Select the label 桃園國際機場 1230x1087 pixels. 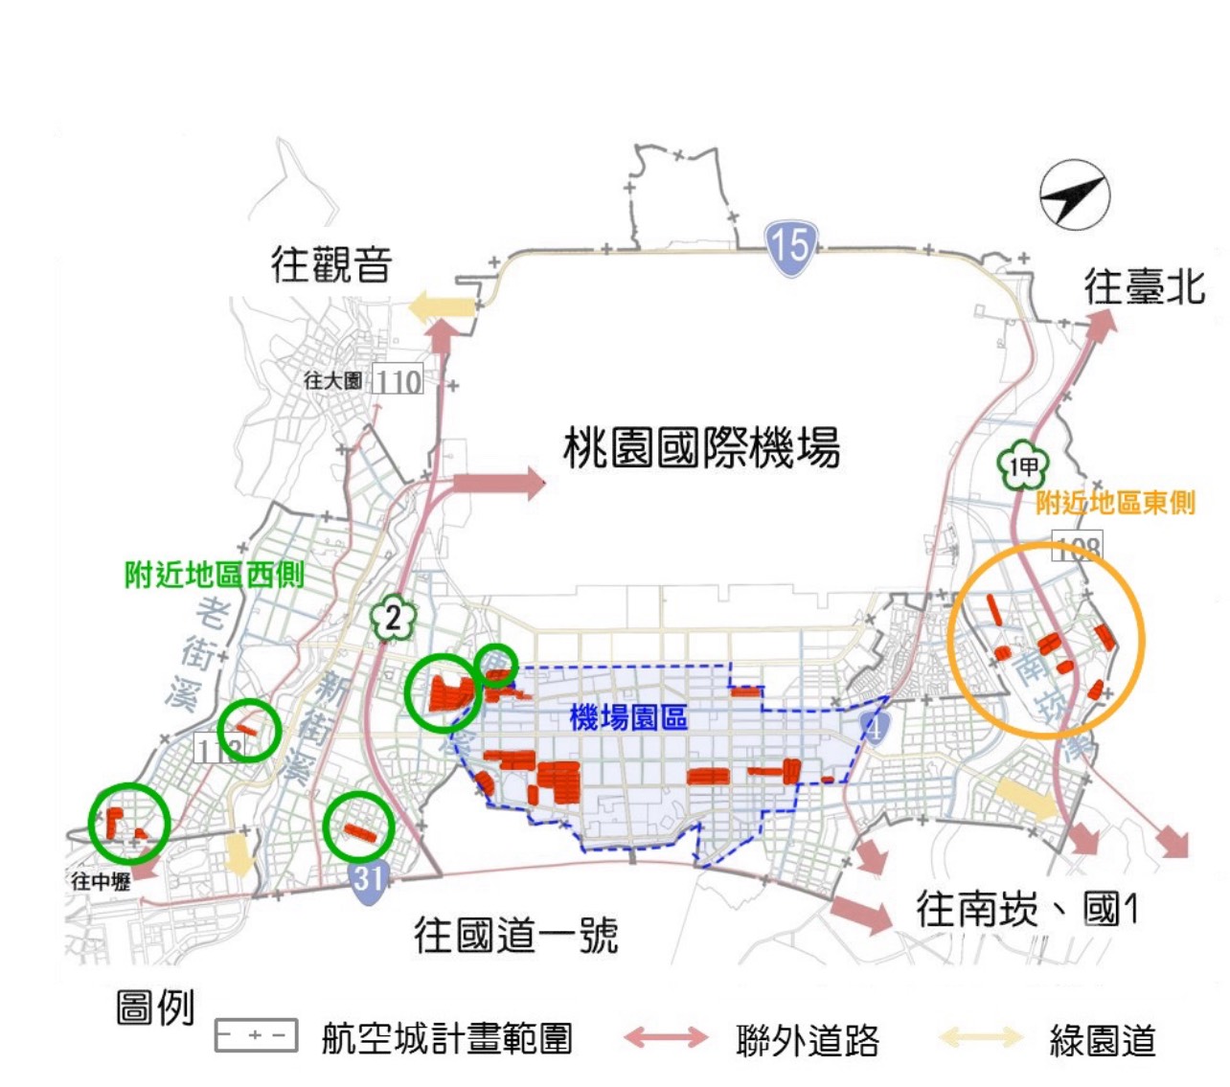point(701,447)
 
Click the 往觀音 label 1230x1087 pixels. point(331,263)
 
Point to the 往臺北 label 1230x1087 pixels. point(1145,286)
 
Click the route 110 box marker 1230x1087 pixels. point(397,381)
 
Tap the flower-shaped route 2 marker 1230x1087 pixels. point(393,619)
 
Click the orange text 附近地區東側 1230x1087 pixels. point(1116,503)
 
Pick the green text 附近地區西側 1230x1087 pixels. point(215,575)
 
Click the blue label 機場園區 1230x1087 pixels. point(628,717)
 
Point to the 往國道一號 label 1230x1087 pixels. point(515,935)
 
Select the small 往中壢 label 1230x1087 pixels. point(101,882)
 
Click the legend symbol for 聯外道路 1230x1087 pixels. point(666,1037)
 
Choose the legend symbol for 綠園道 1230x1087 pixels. point(979,1037)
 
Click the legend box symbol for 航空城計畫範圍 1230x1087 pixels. point(256,1036)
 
